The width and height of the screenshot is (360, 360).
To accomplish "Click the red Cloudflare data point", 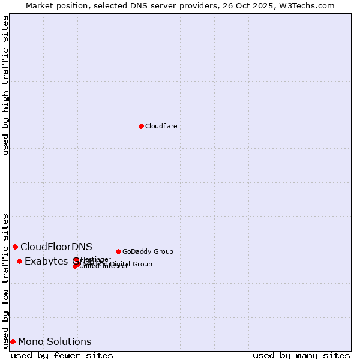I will [141, 126].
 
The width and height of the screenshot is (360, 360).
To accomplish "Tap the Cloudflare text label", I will [161, 126].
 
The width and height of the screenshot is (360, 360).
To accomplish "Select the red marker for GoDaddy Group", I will [118, 251].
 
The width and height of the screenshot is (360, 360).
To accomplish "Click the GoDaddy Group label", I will [148, 251].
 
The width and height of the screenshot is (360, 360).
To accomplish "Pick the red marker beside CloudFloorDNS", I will [15, 247].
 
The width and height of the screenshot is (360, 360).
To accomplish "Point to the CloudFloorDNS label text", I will [56, 247].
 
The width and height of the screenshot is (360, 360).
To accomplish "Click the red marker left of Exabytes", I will [19, 261].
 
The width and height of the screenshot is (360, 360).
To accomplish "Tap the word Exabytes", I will [47, 261].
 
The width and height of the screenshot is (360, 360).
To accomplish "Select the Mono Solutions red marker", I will [13, 341].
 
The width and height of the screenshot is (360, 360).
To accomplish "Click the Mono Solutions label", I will [55, 341].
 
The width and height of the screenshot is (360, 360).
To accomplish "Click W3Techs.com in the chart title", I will [309, 5].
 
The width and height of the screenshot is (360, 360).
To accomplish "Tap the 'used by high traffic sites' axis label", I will [6, 85].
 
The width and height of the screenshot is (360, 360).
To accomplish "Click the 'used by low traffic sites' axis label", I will [6, 280].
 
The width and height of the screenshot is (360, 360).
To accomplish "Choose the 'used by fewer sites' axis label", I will [62, 355].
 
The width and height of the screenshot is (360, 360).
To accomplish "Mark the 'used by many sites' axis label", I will [301, 355].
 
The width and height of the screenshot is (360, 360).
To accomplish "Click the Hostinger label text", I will [95, 259].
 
